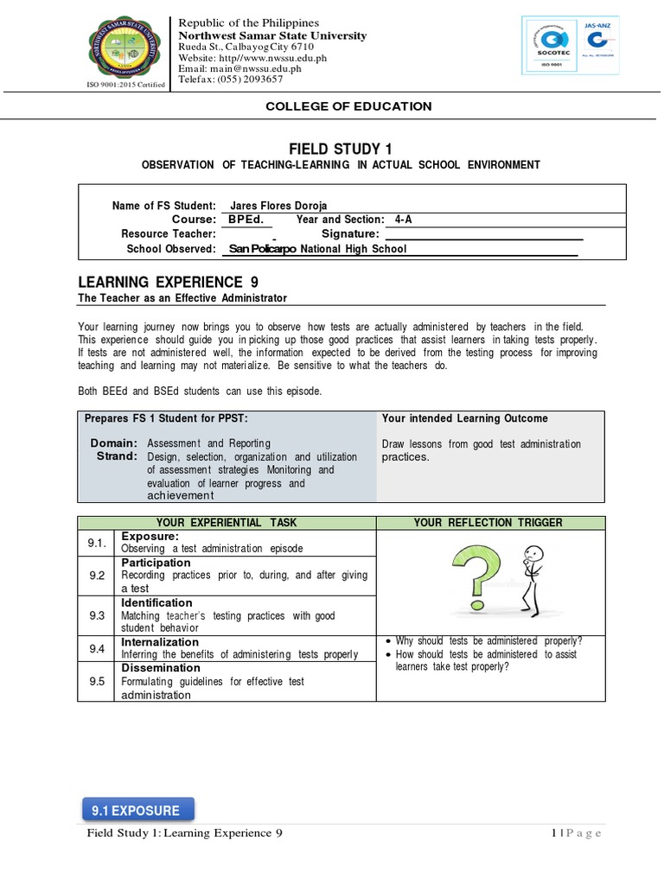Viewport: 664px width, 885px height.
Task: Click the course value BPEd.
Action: [x=246, y=220]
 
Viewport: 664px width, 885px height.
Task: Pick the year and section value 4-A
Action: [x=404, y=220]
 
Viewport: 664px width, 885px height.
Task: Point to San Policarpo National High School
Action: [x=317, y=249]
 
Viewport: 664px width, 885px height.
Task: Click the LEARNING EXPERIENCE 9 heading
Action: [x=168, y=283]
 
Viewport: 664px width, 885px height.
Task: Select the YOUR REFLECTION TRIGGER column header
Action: [x=488, y=522]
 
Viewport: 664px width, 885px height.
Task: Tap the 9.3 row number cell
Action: [x=96, y=615]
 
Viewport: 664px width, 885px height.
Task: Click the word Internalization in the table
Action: [x=161, y=642]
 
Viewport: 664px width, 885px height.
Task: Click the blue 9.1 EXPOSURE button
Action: [x=137, y=810]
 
